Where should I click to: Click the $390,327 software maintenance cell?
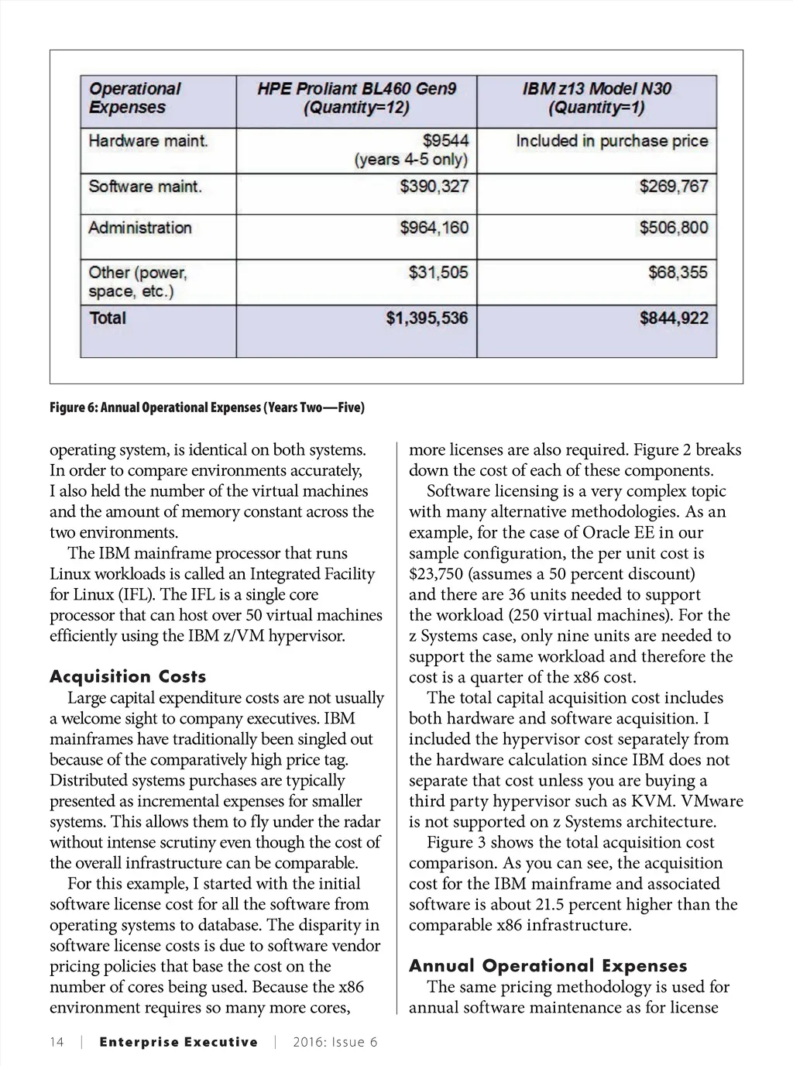434,187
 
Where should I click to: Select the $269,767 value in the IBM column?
673,187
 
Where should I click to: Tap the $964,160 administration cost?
434,228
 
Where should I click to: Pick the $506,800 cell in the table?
673,228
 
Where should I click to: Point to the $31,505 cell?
438,273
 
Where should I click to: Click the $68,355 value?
678,273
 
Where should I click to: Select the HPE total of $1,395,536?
427,318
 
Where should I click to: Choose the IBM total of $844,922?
673,318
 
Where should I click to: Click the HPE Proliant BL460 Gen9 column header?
356,98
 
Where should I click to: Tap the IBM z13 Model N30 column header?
596,98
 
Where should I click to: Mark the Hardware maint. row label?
148,141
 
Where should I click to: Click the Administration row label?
140,228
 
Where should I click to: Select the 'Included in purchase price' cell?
612,141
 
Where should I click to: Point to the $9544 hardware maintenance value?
445,141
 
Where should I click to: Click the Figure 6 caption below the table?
207,407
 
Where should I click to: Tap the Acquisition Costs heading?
128,676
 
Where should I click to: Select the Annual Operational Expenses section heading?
548,966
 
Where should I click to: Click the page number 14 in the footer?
57,1042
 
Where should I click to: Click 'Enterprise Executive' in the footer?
178,1042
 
